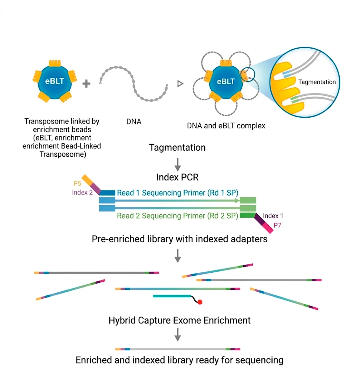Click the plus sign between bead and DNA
(x=86, y=84)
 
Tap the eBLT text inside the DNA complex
(x=225, y=82)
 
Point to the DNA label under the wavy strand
(x=133, y=121)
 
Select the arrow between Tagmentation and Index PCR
(x=178, y=163)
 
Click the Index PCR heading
(x=177, y=177)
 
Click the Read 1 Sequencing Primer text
(x=177, y=193)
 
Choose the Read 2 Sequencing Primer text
(x=177, y=216)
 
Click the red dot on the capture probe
(x=199, y=302)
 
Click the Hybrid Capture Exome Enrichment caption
(x=179, y=320)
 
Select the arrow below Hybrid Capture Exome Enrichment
(x=178, y=335)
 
